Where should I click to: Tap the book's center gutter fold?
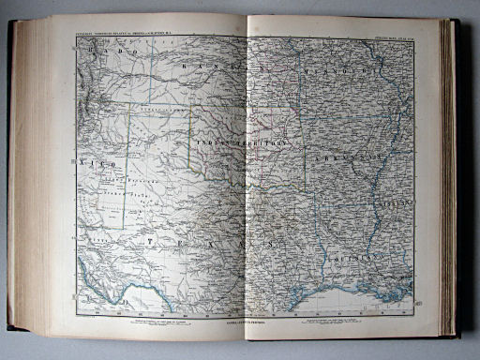[x=247, y=178]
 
